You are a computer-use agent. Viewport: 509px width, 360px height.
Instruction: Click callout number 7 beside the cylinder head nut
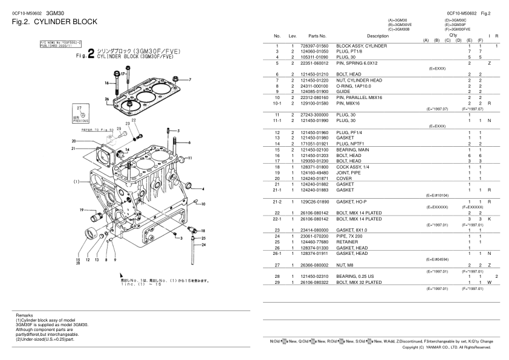point(189,80)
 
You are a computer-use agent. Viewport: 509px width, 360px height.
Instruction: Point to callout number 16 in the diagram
point(107,83)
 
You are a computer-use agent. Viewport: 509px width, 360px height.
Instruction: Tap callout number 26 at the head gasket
point(106,98)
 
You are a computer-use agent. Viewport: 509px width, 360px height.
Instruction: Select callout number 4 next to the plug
point(203,188)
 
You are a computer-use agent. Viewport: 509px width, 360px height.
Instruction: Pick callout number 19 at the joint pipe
point(81,210)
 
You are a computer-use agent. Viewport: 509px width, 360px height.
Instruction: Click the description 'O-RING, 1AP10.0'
point(355,86)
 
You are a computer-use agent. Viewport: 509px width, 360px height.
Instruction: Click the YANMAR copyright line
point(450,347)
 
